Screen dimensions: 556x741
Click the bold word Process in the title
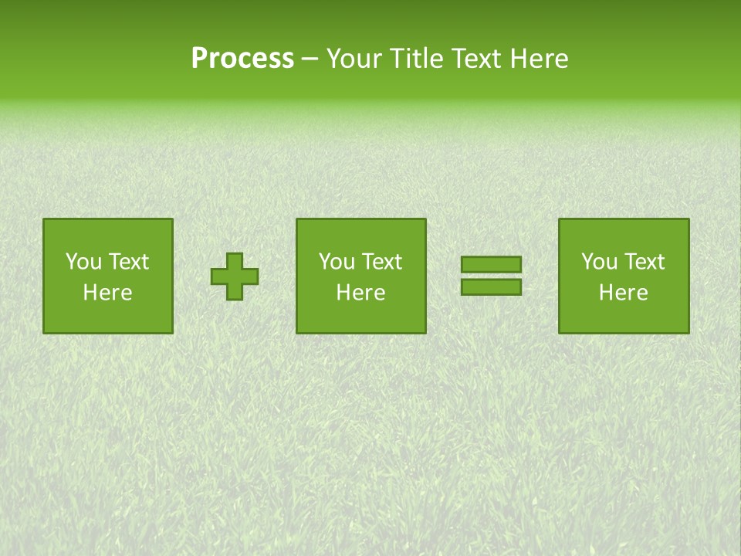(242, 59)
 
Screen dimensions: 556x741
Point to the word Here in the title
(541, 59)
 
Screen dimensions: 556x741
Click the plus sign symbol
(235, 276)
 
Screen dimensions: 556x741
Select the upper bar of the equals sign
(491, 265)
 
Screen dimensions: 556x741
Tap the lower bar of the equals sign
(491, 286)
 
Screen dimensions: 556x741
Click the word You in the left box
(83, 262)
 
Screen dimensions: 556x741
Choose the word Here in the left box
(107, 293)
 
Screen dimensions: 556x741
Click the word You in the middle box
(337, 262)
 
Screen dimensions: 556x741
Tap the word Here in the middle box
(360, 293)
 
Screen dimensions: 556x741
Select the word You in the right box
(599, 262)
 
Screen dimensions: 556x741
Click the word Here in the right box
(623, 293)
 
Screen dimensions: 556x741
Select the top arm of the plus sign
(235, 259)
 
